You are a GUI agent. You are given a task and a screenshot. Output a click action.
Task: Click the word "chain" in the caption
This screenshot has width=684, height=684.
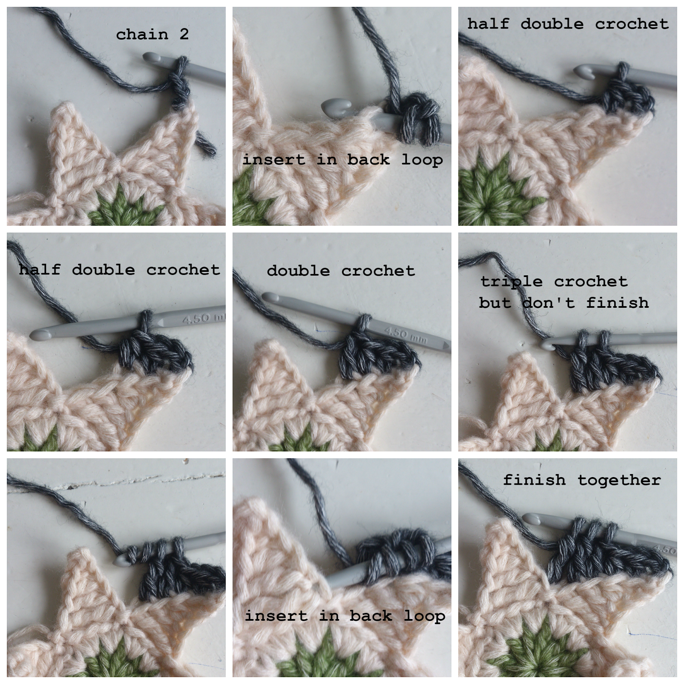pos(142,34)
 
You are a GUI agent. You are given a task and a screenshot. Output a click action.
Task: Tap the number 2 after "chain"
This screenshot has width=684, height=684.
pos(184,34)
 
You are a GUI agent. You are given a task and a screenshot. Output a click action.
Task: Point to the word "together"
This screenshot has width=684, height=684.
pos(619,480)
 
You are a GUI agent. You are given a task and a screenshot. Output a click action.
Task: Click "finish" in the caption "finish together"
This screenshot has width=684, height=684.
pos(534,480)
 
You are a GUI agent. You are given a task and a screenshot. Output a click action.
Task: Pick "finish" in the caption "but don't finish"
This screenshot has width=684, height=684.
pos(618,303)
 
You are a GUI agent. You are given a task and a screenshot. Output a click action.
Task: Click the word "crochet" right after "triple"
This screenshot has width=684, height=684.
pos(591,281)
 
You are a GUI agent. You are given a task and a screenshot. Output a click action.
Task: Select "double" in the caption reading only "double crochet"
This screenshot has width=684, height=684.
pos(298,271)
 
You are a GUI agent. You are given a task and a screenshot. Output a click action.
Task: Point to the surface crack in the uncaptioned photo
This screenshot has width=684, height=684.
pos(141,481)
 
